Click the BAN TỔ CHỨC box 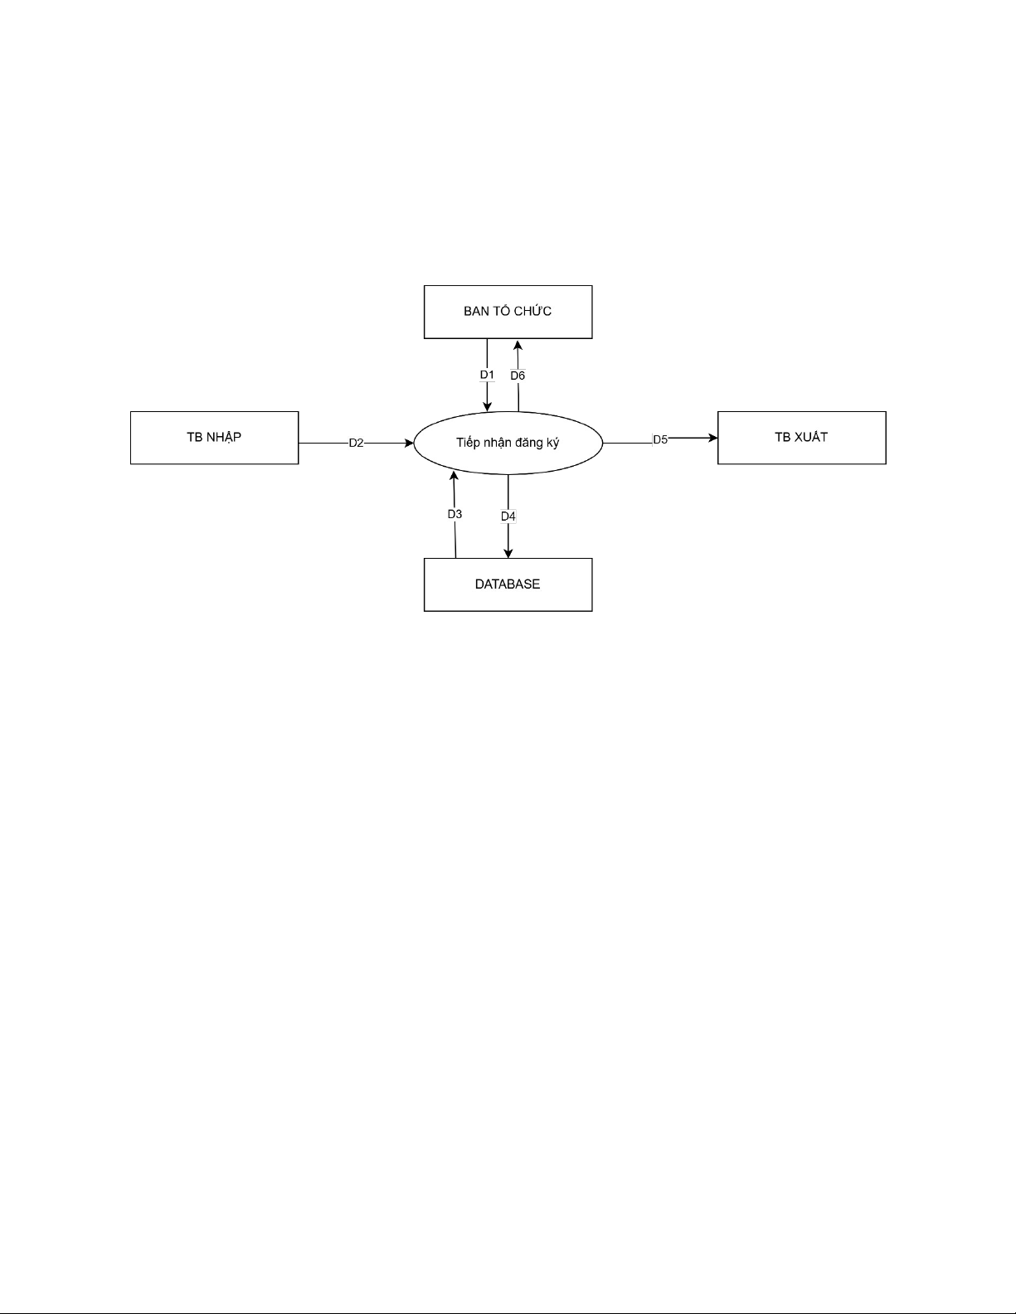508,312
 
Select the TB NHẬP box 215,438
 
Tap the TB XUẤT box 802,438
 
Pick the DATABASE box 508,584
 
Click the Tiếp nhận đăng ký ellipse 508,444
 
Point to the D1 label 487,375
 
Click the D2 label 356,444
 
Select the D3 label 455,514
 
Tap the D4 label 508,516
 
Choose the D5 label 660,439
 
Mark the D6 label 518,376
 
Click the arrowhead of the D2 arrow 410,444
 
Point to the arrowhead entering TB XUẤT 713,438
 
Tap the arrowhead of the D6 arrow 518,345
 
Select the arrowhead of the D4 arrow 508,553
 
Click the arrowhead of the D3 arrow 454,476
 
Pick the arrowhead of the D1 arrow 487,406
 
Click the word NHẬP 225,437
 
